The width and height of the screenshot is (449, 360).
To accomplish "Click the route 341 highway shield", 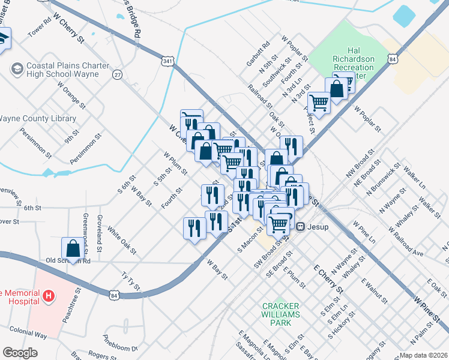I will point(167,60).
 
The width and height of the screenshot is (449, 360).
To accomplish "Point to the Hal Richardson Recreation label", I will point(354,67).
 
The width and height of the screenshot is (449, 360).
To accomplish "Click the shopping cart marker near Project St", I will point(319,103).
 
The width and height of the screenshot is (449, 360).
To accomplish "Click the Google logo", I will point(20,353).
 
